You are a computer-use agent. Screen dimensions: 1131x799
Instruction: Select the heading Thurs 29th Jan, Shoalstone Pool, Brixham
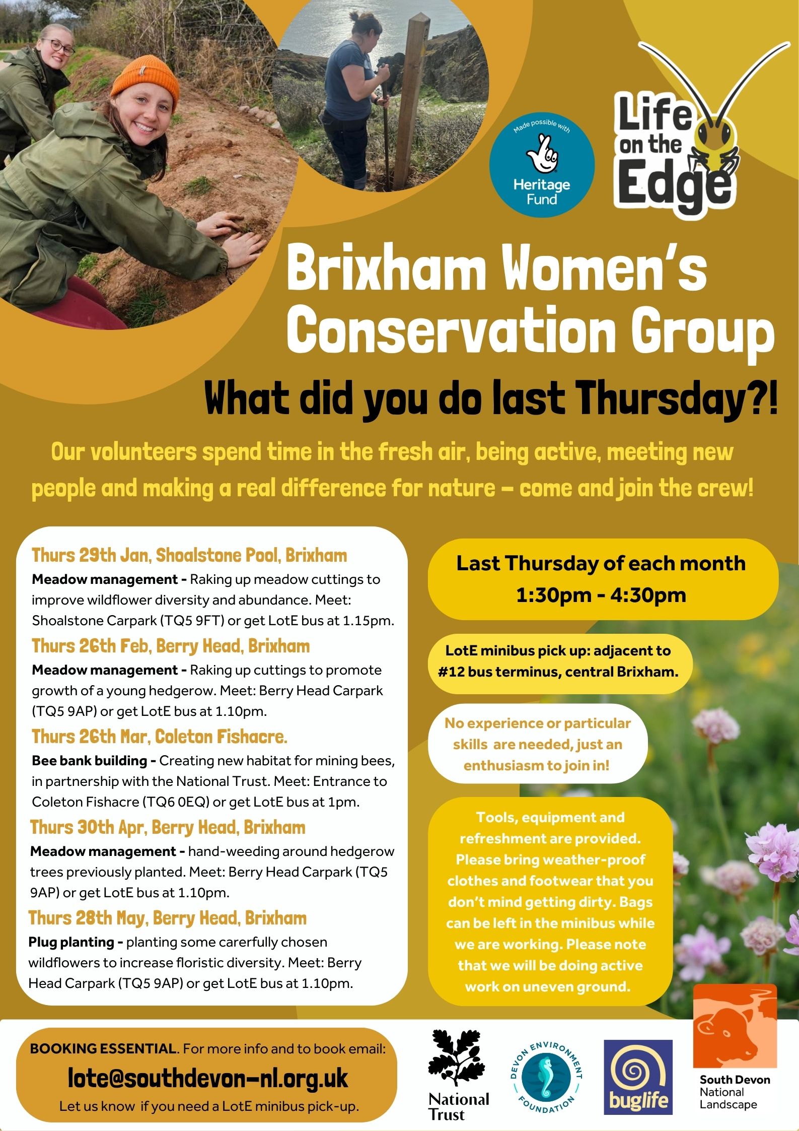[x=189, y=555]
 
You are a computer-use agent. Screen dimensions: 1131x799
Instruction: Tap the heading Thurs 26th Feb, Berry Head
[x=171, y=646]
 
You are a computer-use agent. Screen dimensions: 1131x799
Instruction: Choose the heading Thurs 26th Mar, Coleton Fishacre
[x=160, y=737]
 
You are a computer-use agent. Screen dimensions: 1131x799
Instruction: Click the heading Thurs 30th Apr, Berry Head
[x=168, y=827]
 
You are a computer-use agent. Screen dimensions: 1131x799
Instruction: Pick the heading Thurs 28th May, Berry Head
[x=167, y=918]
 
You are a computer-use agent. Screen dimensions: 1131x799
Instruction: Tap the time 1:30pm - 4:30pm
[x=601, y=595]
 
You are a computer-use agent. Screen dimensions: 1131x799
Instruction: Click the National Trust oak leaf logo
[x=457, y=1058]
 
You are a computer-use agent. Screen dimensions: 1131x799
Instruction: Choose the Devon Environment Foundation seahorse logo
[x=546, y=1077]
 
